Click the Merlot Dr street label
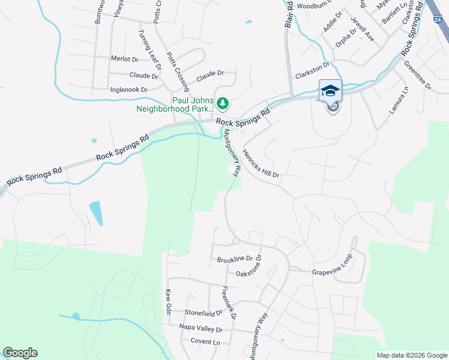click(x=125, y=59)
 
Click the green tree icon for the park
click(x=223, y=104)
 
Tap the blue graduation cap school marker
click(x=330, y=91)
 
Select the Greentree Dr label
click(x=418, y=75)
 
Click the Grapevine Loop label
click(x=331, y=272)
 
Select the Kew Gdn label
click(x=169, y=302)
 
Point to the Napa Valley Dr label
click(x=201, y=329)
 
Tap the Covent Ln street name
click(x=205, y=341)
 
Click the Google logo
click(x=20, y=353)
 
